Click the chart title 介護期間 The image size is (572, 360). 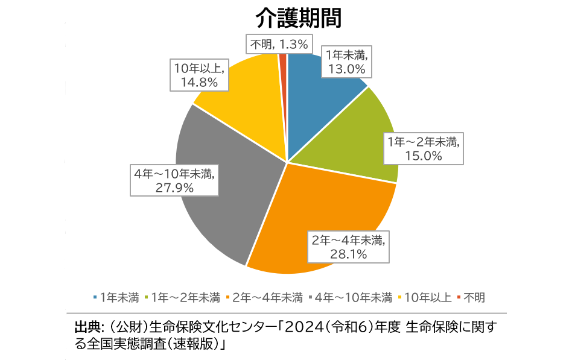[x=298, y=17]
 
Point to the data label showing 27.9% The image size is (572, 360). [x=174, y=180]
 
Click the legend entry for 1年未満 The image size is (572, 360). [x=116, y=297]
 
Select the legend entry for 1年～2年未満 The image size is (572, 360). [x=181, y=297]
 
